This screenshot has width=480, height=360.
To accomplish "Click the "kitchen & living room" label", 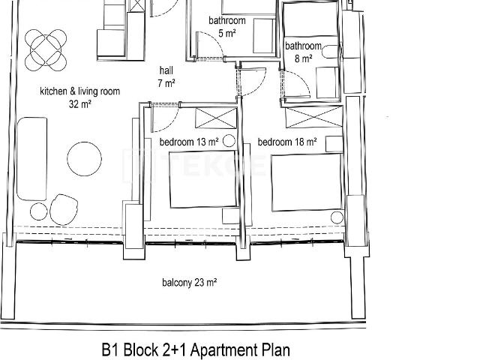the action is pyautogui.click(x=80, y=91).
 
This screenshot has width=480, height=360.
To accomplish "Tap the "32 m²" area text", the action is pyautogui.click(x=80, y=104).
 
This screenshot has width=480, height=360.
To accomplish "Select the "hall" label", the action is pyautogui.click(x=166, y=70).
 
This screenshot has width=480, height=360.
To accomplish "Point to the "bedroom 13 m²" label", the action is pyautogui.click(x=189, y=142).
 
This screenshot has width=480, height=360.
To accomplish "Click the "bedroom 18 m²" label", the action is pyautogui.click(x=287, y=142).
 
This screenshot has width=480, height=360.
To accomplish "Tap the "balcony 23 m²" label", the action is pyautogui.click(x=190, y=282).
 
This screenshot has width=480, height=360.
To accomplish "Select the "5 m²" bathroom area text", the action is pyautogui.click(x=226, y=33).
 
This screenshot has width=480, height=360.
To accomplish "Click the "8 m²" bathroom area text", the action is pyautogui.click(x=303, y=58).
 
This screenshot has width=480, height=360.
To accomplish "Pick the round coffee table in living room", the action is pyautogui.click(x=84, y=159).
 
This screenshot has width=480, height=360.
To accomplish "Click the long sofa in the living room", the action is pyautogui.click(x=31, y=158).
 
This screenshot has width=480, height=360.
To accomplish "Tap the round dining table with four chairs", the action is pyautogui.click(x=46, y=50).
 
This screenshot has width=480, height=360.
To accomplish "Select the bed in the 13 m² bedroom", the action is pyautogui.click(x=203, y=179).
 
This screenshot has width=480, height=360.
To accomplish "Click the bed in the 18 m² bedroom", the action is pyautogui.click(x=307, y=183).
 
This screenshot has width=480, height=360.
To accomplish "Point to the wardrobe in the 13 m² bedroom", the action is pyautogui.click(x=216, y=118).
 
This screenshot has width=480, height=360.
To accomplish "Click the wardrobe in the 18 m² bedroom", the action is pyautogui.click(x=314, y=117).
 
